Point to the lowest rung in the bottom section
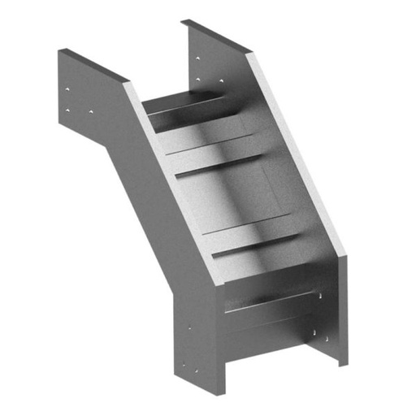click(272, 305)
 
